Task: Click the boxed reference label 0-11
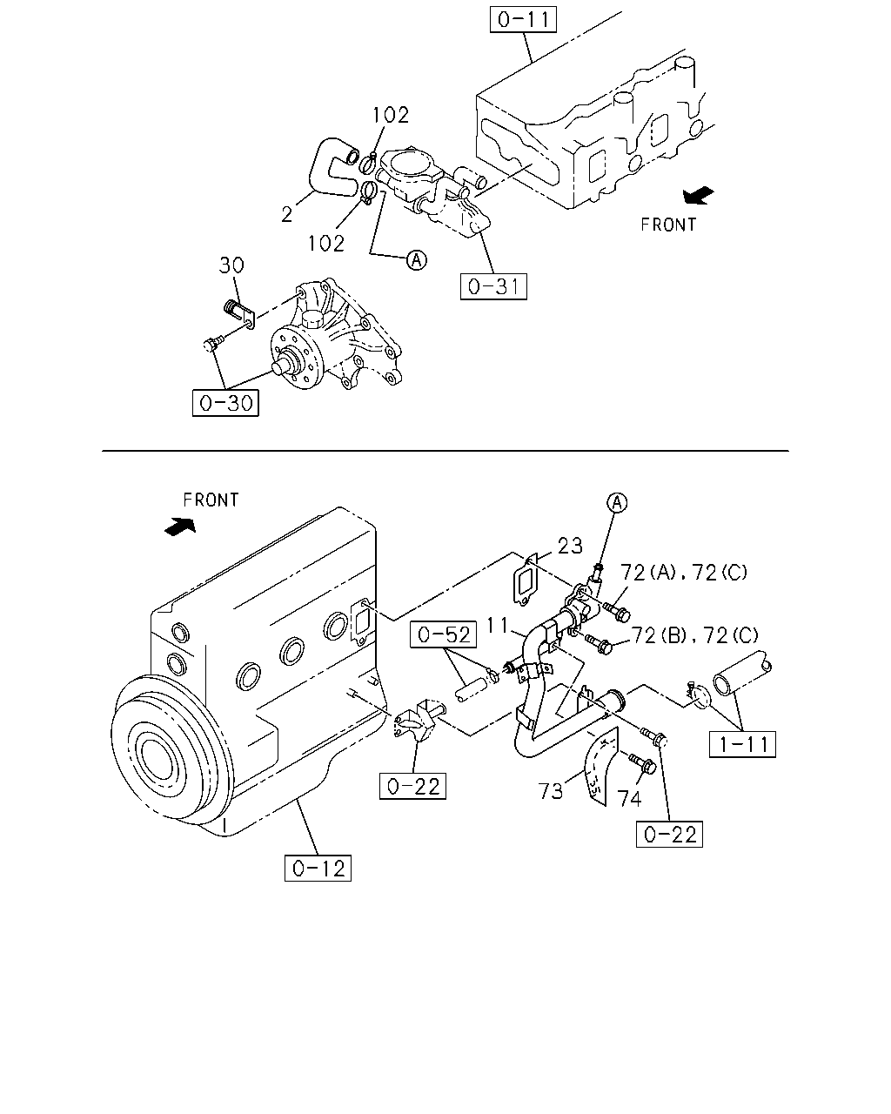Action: point(523,20)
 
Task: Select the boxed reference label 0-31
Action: point(493,286)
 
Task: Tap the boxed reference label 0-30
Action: point(225,403)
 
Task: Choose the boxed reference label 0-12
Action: point(318,868)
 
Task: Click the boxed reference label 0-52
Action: point(443,634)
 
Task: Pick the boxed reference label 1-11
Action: point(742,744)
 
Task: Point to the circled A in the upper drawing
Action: point(417,259)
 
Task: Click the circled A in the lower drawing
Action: point(617,503)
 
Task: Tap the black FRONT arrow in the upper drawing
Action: point(698,195)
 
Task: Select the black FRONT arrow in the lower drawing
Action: point(180,527)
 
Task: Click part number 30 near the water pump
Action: point(231,265)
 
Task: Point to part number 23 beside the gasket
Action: point(570,546)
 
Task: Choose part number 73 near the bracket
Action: point(550,791)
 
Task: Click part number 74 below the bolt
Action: point(630,799)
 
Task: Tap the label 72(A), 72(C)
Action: point(684,573)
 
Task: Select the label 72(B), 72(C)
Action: point(695,635)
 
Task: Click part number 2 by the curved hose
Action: point(287,214)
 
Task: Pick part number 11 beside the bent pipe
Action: point(497,625)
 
